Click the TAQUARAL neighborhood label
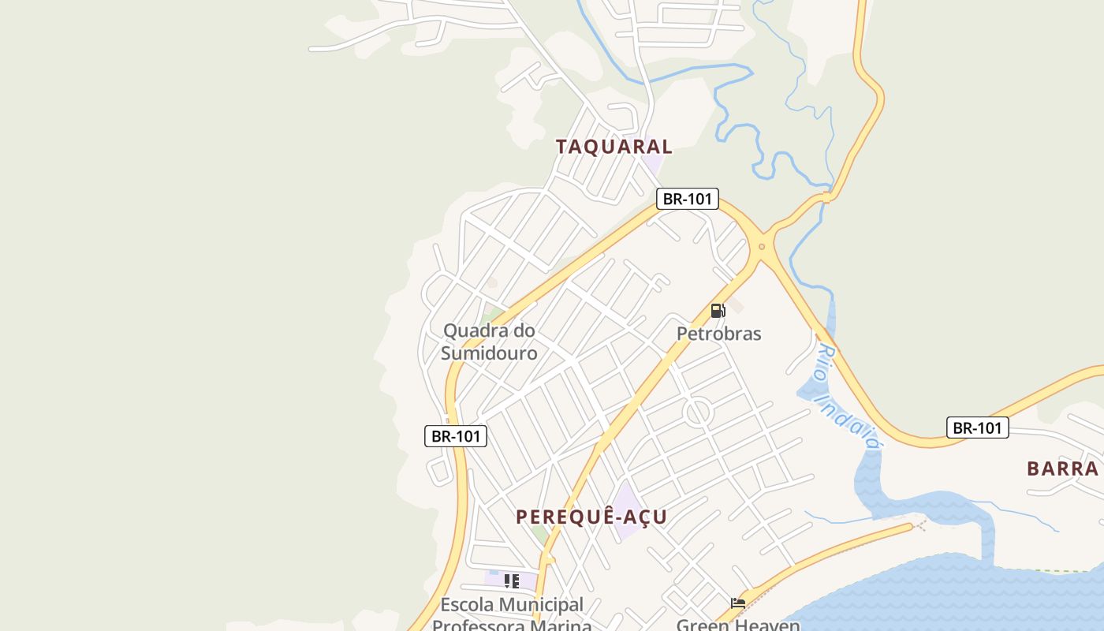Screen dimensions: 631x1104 pos(614,147)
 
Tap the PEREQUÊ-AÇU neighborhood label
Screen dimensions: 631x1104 pos(591,517)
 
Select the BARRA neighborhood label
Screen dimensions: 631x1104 pos(1062,469)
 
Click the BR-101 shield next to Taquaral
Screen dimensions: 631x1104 pos(688,199)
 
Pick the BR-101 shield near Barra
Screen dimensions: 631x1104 pos(978,428)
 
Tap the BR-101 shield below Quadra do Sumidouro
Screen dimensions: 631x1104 pos(456,436)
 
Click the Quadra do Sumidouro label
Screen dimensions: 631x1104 pos(489,342)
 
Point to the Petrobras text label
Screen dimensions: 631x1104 pos(719,334)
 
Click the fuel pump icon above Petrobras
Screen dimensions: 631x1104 pos(718,311)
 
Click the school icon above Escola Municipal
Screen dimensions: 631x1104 pos(511,581)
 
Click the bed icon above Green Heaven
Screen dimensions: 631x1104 pos(738,603)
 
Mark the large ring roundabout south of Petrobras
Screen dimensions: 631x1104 pos(699,413)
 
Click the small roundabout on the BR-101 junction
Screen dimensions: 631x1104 pos(762,247)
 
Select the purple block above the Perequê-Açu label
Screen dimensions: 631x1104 pos(628,509)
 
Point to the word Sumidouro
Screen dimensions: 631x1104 pos(489,353)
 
